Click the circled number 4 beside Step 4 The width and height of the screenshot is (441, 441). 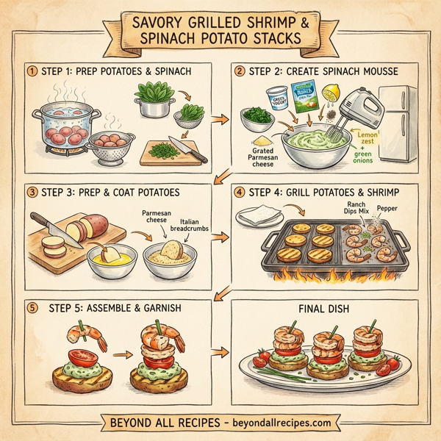[239, 193]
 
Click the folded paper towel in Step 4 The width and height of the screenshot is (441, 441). [262, 215]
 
